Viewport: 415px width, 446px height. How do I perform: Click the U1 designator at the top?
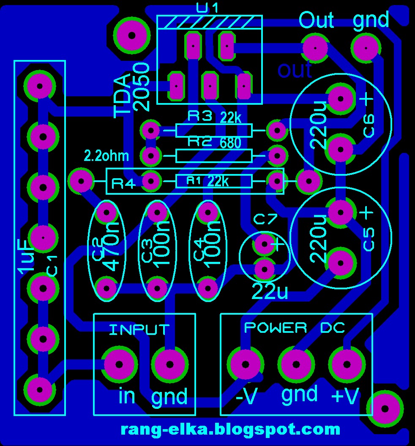[x=208, y=7]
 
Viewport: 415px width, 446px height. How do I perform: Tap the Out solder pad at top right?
[x=315, y=48]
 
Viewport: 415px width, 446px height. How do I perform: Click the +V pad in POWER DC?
[x=347, y=364]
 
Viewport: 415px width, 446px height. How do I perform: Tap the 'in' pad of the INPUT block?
[x=119, y=364]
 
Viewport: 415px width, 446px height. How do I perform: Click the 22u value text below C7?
[x=270, y=292]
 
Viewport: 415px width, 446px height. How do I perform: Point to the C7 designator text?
[x=265, y=219]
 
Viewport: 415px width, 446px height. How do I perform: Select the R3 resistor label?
[x=199, y=116]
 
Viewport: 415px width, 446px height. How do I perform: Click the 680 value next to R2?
[x=230, y=143]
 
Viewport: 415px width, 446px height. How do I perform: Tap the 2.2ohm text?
[x=106, y=156]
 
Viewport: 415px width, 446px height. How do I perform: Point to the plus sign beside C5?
[x=366, y=213]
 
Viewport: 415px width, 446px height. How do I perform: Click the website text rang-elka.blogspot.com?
[x=230, y=430]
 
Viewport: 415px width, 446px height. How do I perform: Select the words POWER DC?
[x=295, y=327]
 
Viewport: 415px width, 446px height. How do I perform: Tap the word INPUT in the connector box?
[x=139, y=329]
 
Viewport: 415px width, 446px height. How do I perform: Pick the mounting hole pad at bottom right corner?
[x=385, y=408]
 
